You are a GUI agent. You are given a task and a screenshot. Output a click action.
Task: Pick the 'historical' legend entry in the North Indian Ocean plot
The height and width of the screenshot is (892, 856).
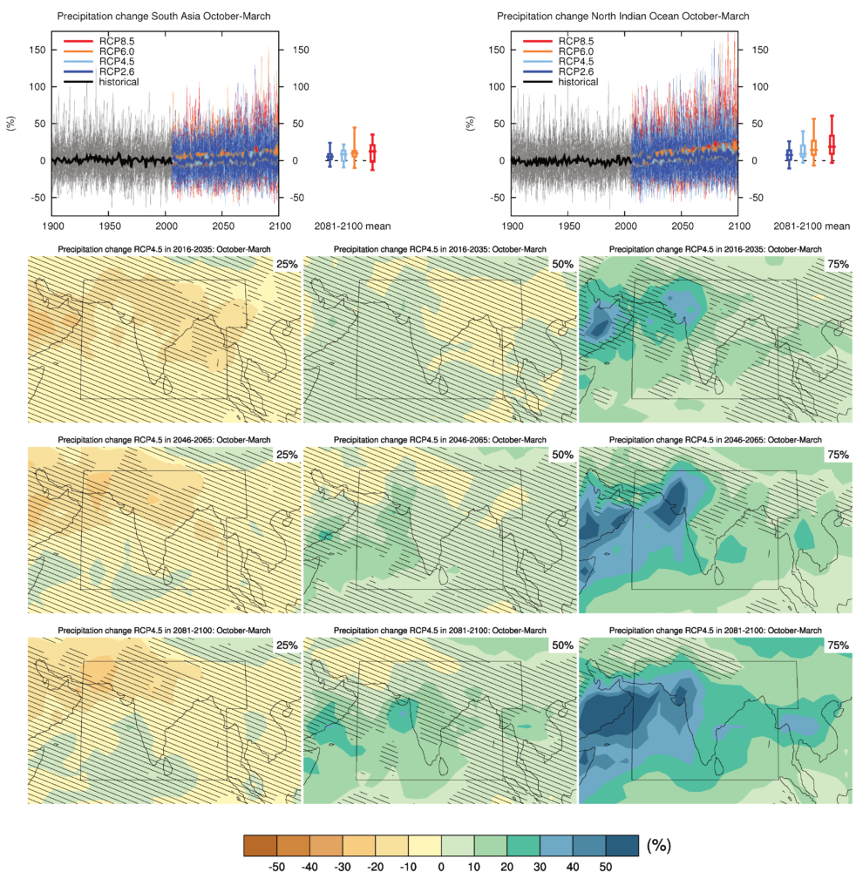pos(578,82)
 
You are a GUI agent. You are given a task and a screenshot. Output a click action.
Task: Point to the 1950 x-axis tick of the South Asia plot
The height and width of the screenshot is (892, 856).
pos(108,226)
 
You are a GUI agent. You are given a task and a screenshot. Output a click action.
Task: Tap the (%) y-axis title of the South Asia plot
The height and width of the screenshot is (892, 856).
pos(11,123)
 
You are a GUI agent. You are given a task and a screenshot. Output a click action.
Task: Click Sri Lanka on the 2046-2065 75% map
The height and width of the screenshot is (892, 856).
pos(717,575)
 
